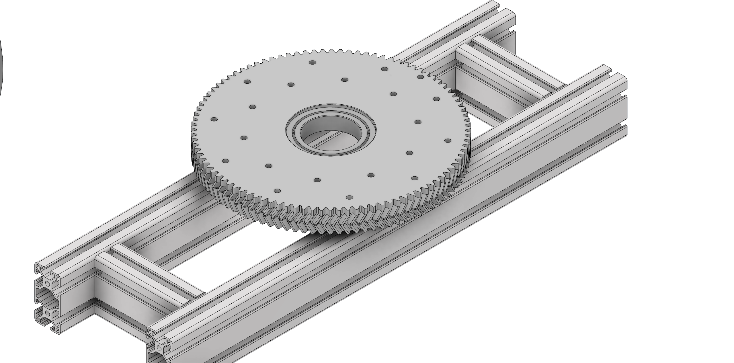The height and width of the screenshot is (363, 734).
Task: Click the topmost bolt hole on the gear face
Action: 313,62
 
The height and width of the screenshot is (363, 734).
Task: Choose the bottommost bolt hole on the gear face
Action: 349,198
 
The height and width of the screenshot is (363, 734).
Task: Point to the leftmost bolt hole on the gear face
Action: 214,119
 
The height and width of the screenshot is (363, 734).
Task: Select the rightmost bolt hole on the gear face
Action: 448,141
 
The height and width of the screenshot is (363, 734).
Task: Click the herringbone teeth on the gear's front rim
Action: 330,218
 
